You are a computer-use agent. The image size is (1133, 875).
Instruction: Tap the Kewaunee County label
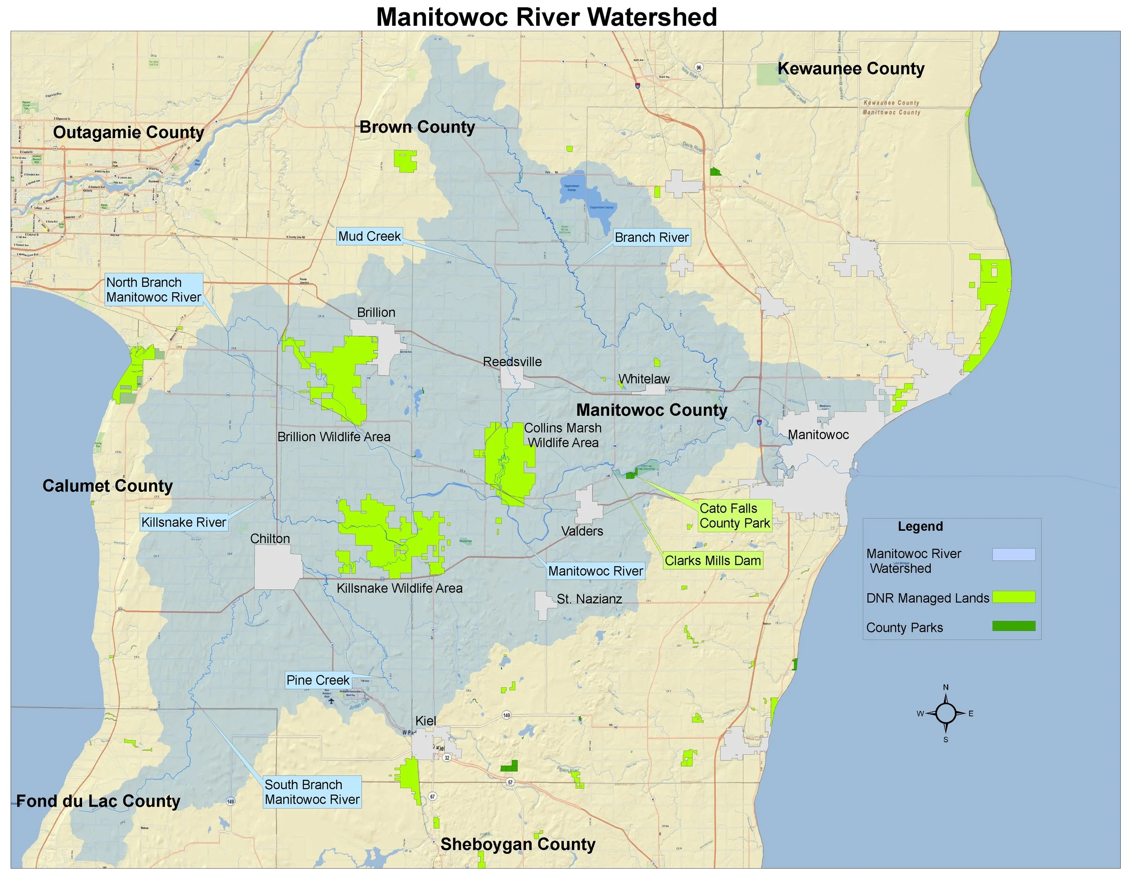[x=851, y=68]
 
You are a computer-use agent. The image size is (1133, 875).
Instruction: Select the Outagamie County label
[x=128, y=132]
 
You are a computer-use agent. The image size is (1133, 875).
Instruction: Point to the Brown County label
[x=417, y=127]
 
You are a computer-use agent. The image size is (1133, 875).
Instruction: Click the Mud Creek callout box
[x=369, y=236]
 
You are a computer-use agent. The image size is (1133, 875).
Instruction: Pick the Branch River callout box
[x=652, y=237]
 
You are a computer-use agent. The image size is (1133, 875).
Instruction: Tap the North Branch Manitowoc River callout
[x=154, y=290]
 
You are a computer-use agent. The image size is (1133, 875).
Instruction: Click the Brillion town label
[x=376, y=312]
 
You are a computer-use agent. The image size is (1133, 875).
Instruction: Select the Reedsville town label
[x=512, y=362]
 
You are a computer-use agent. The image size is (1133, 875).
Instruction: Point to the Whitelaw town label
[x=644, y=379]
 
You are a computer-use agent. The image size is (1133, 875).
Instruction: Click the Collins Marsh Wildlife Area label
[x=563, y=435]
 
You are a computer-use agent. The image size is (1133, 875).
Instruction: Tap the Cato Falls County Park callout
[x=735, y=516]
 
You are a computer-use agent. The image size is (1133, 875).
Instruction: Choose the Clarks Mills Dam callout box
[x=713, y=561]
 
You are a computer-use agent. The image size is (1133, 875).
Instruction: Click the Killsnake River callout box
[x=184, y=522]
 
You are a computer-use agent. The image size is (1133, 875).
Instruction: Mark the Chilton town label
[x=270, y=538]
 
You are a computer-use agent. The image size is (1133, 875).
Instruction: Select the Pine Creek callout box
[x=318, y=680]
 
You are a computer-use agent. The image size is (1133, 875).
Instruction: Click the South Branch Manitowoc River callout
[x=312, y=792]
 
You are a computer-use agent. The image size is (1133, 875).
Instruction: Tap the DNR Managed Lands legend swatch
[x=1014, y=597]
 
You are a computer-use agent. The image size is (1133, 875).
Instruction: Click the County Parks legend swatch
[x=1014, y=626]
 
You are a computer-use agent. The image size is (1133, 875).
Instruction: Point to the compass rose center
[x=946, y=713]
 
